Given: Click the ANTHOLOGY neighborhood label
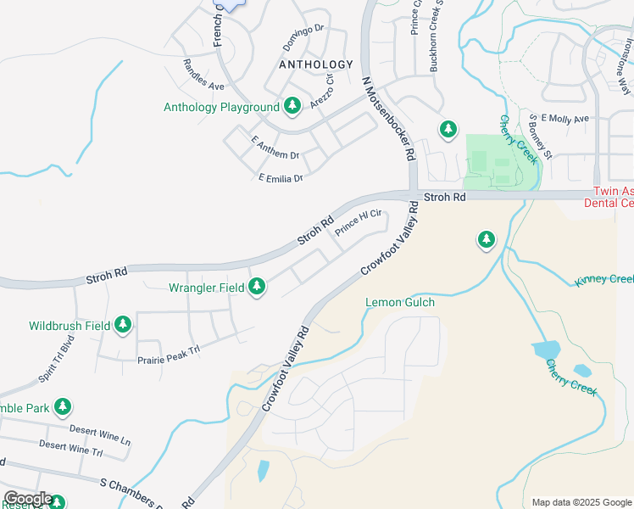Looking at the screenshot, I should pyautogui.click(x=315, y=64).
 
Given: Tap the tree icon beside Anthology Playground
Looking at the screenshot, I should pyautogui.click(x=292, y=106).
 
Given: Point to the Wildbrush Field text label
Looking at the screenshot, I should pyautogui.click(x=70, y=325).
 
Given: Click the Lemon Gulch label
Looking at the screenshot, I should pyautogui.click(x=399, y=302).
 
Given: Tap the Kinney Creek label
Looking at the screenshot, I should pyautogui.click(x=603, y=280).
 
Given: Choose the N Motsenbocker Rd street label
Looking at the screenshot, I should pyautogui.click(x=388, y=118).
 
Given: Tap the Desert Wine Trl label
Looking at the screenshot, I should pyautogui.click(x=70, y=446).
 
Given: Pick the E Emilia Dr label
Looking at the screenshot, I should pyautogui.click(x=280, y=177).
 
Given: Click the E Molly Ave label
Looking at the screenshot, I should pyautogui.click(x=564, y=119).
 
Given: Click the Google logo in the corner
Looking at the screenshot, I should pyautogui.click(x=27, y=499).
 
